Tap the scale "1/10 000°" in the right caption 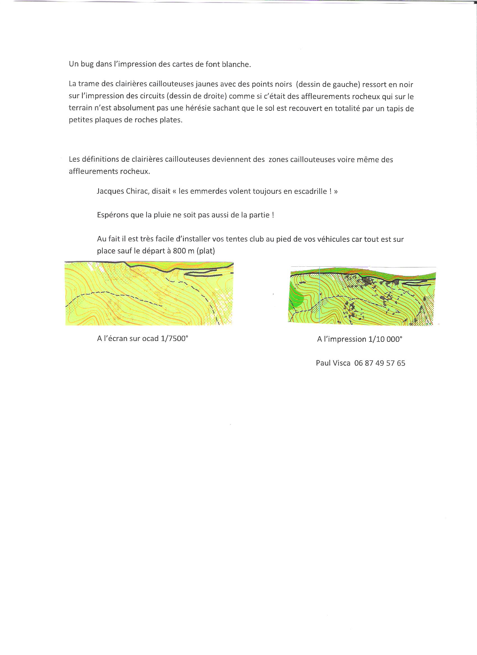[x=385, y=339]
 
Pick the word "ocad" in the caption [x=150, y=339]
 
